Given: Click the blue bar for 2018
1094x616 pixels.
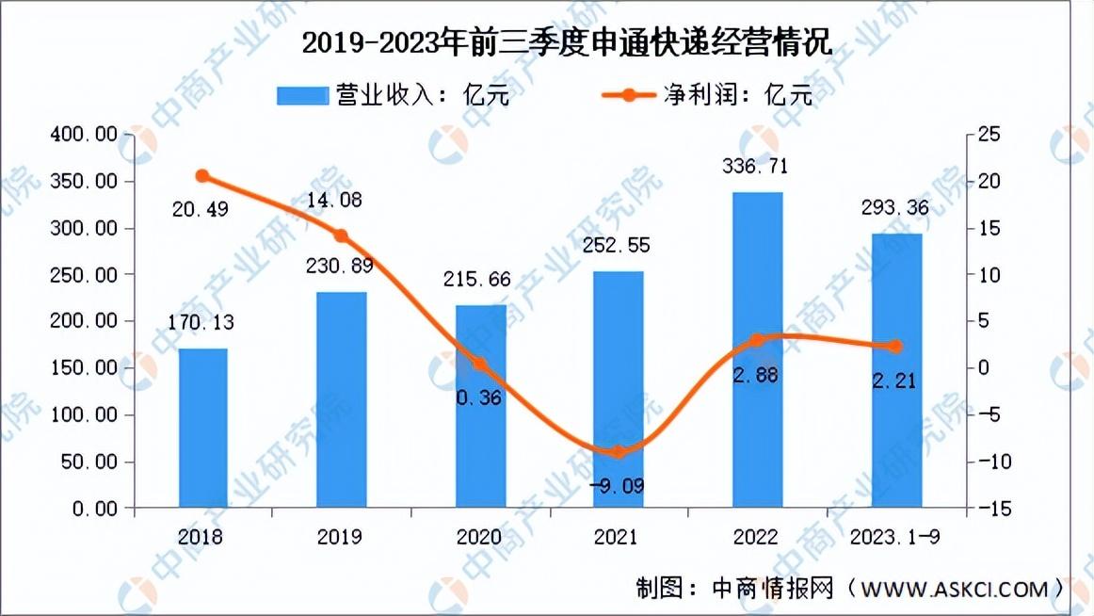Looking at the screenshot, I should [203, 429].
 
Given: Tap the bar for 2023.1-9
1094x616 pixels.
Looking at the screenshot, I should [896, 371].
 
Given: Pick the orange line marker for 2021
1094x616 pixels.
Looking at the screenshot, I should [618, 452].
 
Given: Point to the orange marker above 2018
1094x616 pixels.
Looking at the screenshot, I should [202, 176].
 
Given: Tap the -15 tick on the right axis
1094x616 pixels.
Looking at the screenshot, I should [989, 509].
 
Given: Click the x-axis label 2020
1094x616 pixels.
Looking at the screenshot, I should [479, 538].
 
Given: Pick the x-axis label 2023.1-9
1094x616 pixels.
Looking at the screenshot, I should [896, 538].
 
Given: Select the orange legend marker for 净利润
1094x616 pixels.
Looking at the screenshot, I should [626, 95].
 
